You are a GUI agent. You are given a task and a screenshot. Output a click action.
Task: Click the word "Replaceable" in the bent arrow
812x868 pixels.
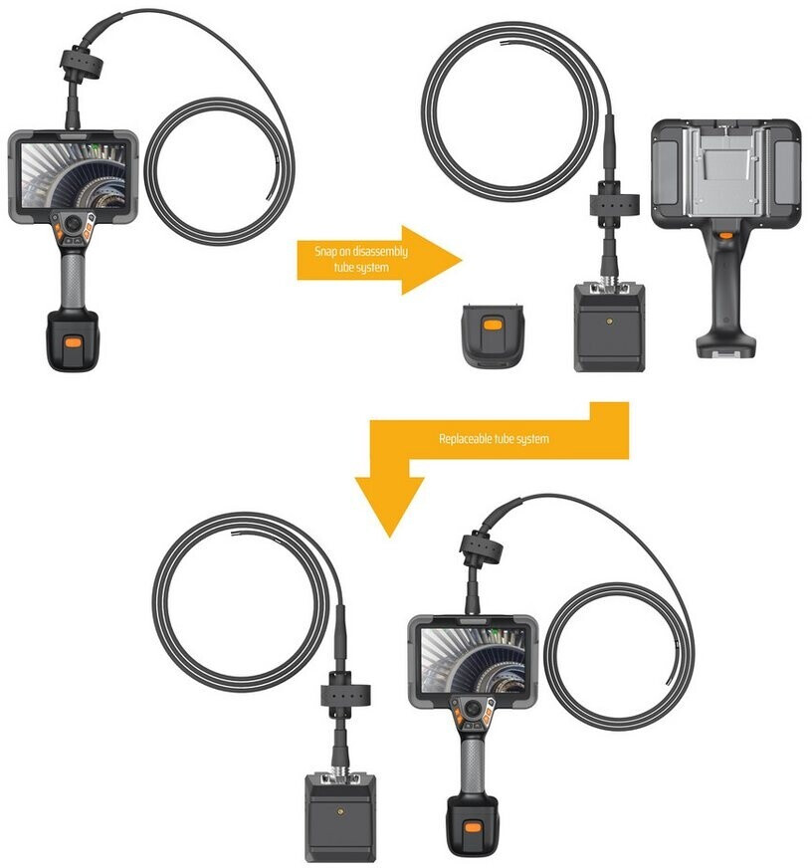point(463,438)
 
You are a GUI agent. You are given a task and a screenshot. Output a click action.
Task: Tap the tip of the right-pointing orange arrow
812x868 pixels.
point(460,259)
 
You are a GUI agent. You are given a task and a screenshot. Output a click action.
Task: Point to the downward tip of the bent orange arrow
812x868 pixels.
point(389,534)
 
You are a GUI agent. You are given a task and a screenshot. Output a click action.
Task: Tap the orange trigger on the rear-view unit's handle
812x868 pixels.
point(727,236)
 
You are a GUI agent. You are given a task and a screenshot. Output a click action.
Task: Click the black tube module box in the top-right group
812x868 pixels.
point(609,326)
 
